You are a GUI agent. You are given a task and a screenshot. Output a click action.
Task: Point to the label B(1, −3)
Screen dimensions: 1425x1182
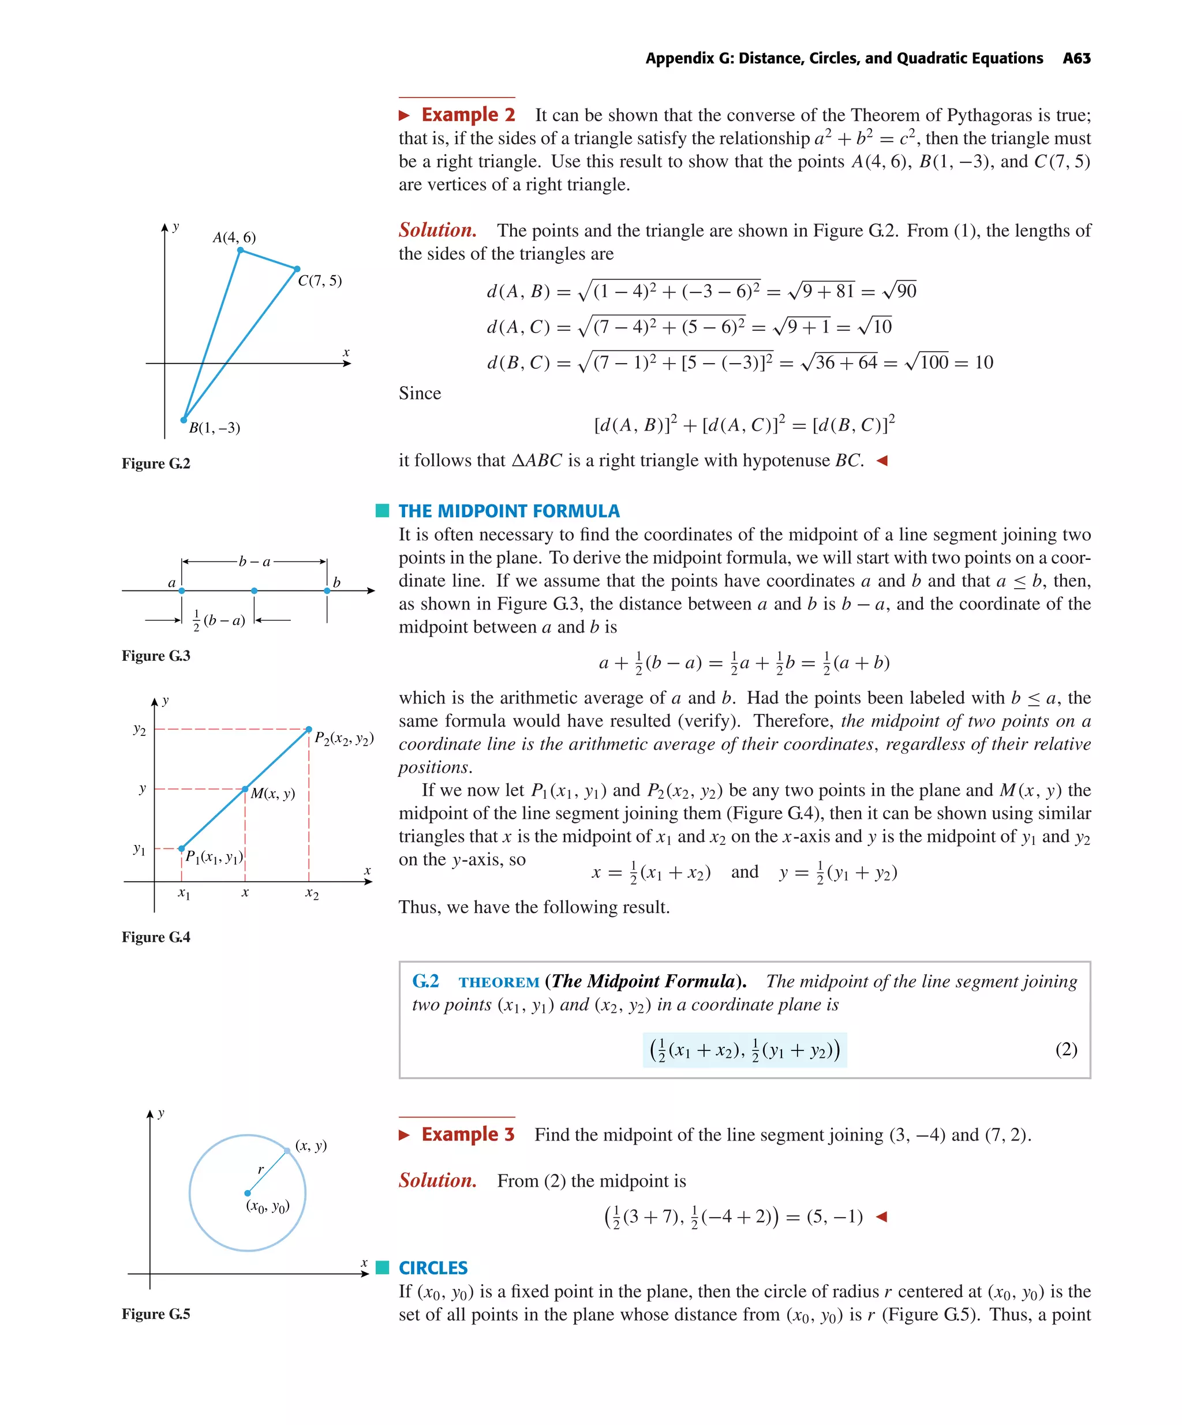[x=215, y=428]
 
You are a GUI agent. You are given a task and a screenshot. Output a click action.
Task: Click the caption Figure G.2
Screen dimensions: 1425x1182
[x=156, y=463]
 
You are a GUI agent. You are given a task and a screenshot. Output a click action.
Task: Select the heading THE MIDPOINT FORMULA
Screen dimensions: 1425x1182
[x=508, y=511]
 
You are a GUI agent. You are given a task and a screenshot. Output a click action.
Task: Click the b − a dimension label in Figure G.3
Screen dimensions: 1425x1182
[x=255, y=562]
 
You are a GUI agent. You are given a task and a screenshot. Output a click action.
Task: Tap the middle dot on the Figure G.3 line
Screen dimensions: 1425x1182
[x=255, y=591]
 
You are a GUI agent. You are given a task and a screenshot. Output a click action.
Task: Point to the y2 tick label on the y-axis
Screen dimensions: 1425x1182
[x=139, y=730]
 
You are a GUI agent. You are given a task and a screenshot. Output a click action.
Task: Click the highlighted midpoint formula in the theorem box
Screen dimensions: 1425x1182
[x=745, y=1050]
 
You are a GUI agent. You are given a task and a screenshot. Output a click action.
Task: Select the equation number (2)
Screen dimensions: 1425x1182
[x=1066, y=1050]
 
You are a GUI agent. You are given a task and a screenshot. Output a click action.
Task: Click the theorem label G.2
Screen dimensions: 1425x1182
[x=425, y=981]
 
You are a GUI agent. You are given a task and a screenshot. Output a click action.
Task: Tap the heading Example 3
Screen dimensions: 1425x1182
[x=467, y=1135]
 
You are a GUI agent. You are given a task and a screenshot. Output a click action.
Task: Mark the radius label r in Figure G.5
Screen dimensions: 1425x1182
[x=260, y=1169]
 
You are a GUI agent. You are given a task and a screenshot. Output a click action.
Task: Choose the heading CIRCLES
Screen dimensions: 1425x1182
[x=433, y=1267]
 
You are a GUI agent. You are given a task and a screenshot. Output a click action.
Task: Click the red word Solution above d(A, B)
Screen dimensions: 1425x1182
[x=437, y=230]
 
